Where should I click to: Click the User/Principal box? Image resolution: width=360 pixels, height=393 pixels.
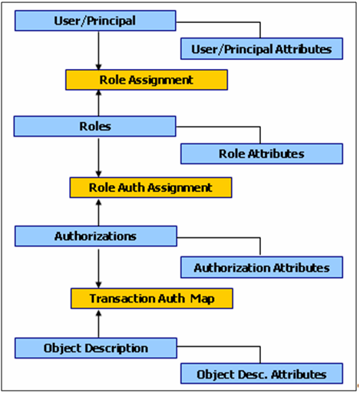pyautogui.click(x=95, y=21)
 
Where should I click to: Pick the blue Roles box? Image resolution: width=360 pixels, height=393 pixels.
pyautogui.click(x=95, y=127)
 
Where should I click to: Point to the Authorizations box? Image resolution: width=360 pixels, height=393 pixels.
pyautogui.click(x=95, y=236)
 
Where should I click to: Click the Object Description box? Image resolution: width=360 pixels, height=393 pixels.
pyautogui.click(x=95, y=348)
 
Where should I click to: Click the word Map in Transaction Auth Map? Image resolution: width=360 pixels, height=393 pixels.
pyautogui.click(x=195, y=299)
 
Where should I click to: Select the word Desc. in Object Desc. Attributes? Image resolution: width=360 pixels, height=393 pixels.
pyautogui.click(x=250, y=375)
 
